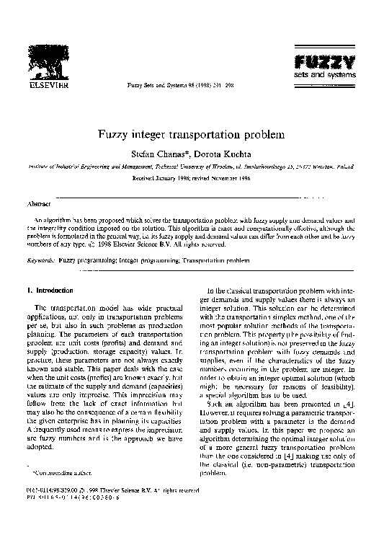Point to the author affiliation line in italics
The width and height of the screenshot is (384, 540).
click(x=192, y=166)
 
